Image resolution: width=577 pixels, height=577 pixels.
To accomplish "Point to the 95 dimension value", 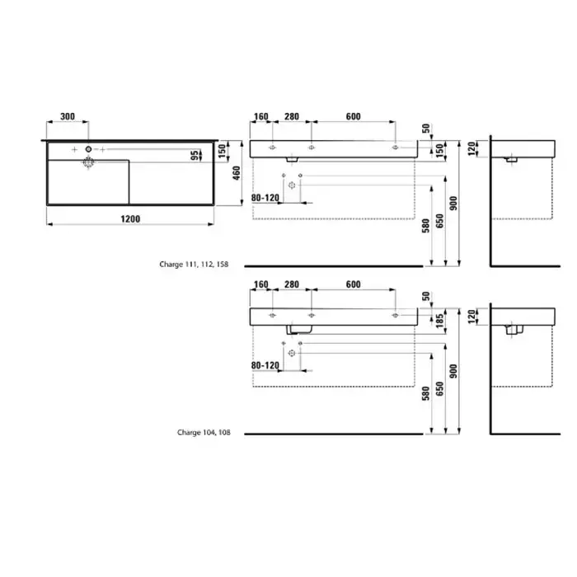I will pos(195,155).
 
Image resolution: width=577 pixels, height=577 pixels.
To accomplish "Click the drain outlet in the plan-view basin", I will pos(88,162).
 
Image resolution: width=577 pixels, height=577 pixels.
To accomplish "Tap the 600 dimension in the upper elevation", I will pos(354,117).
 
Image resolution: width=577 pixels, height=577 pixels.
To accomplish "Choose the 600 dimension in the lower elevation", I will pos(354,284).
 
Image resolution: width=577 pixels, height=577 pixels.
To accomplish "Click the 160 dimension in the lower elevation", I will pos(260,284).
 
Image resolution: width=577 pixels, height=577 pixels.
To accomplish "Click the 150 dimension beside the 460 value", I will pos(222,148).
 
